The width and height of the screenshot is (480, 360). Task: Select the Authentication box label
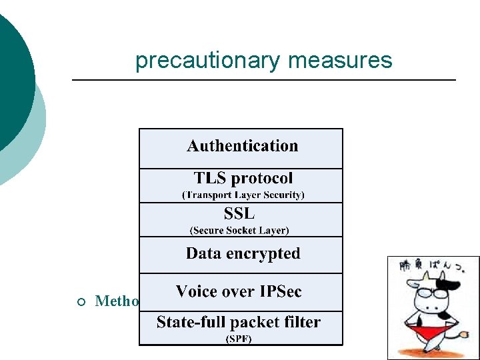pyautogui.click(x=242, y=146)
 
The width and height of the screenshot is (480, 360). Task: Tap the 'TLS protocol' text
pyautogui.click(x=243, y=179)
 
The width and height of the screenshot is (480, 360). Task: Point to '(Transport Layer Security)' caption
pyautogui.click(x=243, y=195)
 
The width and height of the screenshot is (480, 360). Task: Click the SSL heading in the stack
pyautogui.click(x=239, y=214)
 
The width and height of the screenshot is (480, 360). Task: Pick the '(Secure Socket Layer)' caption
pyautogui.click(x=239, y=230)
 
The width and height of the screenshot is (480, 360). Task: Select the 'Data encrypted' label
pyautogui.click(x=243, y=253)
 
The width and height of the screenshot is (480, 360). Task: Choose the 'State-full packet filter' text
pyautogui.click(x=238, y=323)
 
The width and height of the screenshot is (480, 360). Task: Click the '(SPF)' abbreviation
pyautogui.click(x=239, y=339)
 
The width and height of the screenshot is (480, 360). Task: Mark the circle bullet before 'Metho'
pyautogui.click(x=81, y=301)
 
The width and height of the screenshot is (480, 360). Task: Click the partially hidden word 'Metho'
pyautogui.click(x=117, y=301)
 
